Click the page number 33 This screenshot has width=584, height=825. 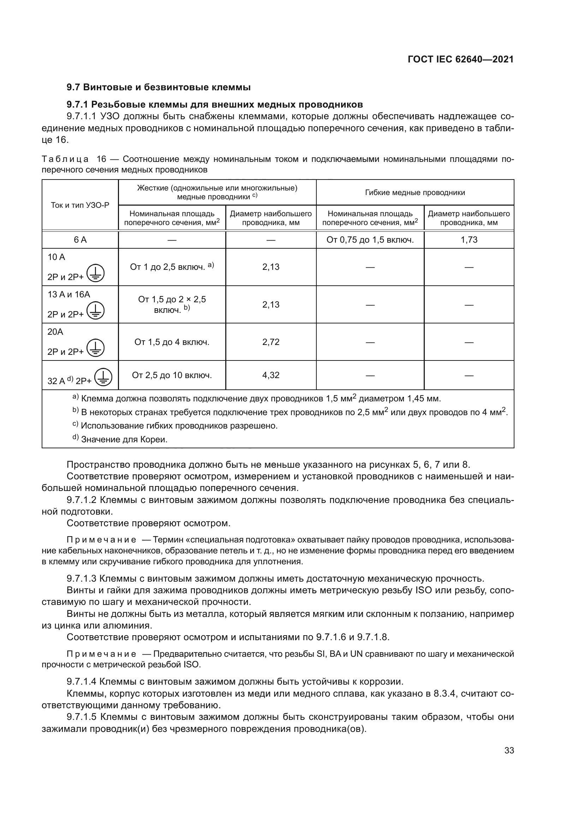point(509,751)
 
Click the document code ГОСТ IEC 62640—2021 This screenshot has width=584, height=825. point(461,59)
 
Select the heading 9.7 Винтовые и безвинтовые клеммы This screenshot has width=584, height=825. point(159,87)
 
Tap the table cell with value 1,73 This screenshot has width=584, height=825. point(469,239)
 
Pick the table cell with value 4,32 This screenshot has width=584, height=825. point(271,375)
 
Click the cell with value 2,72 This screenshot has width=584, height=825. point(271,342)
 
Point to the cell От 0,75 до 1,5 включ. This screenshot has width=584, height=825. point(370,239)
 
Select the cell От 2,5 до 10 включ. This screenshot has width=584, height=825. point(172,375)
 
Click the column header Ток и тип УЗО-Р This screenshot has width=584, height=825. point(80,205)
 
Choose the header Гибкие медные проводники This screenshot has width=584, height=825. point(415,193)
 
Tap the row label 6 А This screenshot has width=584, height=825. point(80,239)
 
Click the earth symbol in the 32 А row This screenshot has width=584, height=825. point(103,377)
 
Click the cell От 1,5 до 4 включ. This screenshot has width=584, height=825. point(172,342)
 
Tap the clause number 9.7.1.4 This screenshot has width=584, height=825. point(82,681)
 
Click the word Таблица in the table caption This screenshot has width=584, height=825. point(65,159)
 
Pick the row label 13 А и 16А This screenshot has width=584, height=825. point(69,294)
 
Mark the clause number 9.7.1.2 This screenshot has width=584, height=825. point(82,500)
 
